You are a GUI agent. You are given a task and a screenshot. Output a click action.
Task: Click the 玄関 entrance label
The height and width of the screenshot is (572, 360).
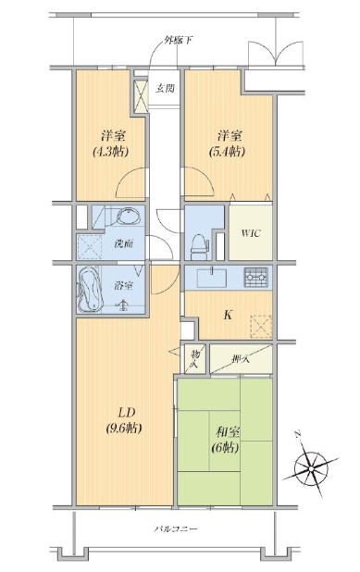coord(165,88)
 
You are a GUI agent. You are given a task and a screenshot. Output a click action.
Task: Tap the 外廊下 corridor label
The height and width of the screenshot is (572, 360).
coord(178,41)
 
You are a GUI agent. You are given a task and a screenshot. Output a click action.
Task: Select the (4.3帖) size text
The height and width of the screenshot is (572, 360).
coord(110,152)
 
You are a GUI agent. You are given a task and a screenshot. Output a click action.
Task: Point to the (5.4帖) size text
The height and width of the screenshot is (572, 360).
coord(227,152)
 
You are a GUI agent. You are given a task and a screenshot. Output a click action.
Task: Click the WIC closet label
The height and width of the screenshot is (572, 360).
coord(251,233)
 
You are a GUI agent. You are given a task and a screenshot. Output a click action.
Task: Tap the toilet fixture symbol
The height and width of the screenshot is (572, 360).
coord(199,246)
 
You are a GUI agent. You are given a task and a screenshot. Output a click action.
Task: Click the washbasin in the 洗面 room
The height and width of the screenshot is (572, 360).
coord(129,217)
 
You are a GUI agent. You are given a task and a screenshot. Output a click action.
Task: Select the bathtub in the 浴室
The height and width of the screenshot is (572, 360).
coord(90,290)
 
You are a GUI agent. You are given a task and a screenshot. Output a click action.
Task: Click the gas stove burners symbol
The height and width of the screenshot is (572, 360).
coord(256,277)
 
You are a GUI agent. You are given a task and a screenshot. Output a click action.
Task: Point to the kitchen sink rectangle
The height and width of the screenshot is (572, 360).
coord(212,278)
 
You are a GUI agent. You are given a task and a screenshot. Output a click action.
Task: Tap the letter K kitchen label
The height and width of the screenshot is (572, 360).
coord(228,315)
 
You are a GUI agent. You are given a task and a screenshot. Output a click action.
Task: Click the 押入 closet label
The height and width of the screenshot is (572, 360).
coord(241,359)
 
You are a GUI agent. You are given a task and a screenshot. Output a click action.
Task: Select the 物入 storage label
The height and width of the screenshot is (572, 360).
coord(194,358)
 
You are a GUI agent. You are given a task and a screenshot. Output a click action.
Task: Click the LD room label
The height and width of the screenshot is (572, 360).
coord(126,413)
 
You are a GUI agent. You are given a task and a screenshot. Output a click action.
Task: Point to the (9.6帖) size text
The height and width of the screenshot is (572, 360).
coord(124,428)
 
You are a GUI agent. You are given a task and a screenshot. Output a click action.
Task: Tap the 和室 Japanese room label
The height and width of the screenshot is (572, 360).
coord(228,432)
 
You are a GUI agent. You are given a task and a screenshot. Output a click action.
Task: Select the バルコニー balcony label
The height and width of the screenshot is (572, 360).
coord(176,528)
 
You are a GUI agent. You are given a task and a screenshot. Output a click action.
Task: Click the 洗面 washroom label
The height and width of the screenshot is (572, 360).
coord(123,243)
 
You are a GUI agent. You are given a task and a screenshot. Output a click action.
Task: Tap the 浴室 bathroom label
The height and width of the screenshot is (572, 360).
coord(123,286)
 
